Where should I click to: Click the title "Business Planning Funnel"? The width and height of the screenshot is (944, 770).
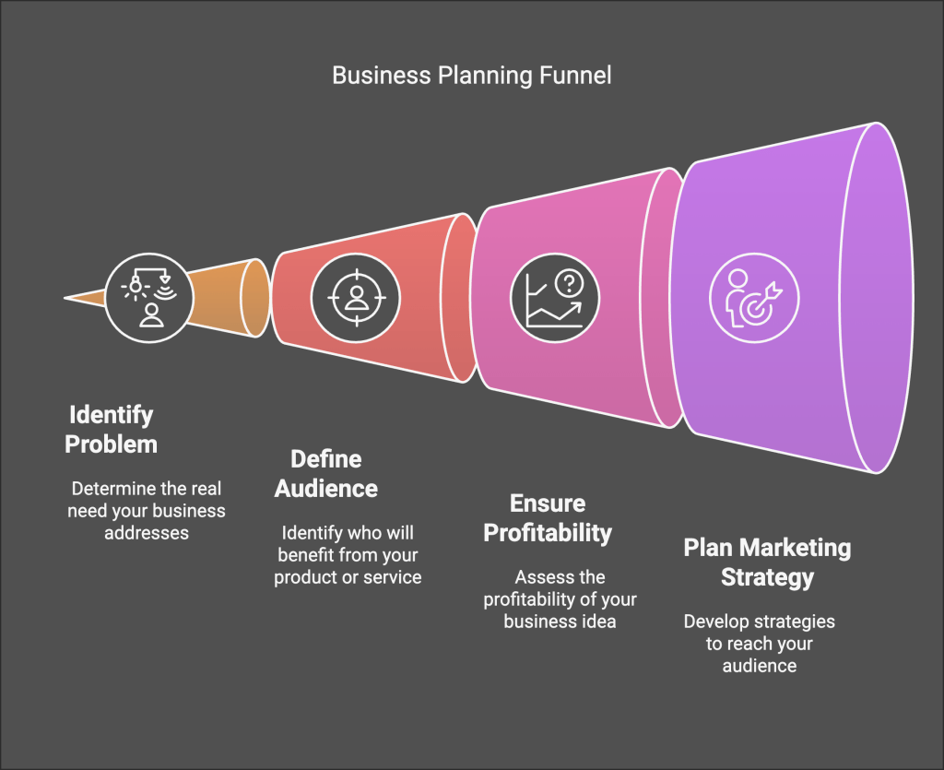(471, 75)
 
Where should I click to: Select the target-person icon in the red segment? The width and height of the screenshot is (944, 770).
(356, 296)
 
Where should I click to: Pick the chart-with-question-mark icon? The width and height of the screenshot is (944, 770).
(555, 297)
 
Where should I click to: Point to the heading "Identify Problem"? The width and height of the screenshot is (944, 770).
(111, 429)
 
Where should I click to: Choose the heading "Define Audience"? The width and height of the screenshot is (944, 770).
(326, 473)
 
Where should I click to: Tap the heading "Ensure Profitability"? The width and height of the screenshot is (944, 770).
(548, 517)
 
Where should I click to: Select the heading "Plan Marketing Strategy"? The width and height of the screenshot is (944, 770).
(767, 563)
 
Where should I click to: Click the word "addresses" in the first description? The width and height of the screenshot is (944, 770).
(146, 533)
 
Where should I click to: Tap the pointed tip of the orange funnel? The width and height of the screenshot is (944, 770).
(66, 298)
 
